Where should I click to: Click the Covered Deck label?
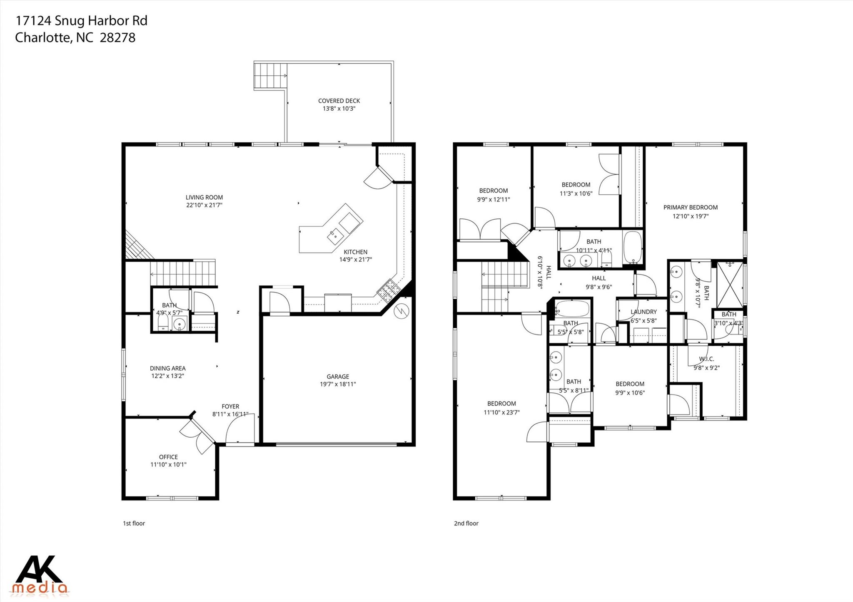339,101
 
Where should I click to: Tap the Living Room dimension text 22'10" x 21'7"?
204,205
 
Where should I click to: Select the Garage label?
337,377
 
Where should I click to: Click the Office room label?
168,457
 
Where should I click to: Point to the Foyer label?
230,406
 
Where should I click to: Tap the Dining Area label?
167,368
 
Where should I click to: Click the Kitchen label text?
355,252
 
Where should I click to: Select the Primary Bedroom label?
690,207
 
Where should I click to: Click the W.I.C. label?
706,359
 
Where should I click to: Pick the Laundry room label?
643,312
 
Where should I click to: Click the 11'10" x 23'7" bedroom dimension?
501,412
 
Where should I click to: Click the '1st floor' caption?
134,523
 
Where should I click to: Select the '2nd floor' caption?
466,523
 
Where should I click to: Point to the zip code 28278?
118,37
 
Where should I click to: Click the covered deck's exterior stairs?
270,76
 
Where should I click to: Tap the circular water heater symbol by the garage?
402,311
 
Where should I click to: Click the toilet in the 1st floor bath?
163,323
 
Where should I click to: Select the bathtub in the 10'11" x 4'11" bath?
632,247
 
